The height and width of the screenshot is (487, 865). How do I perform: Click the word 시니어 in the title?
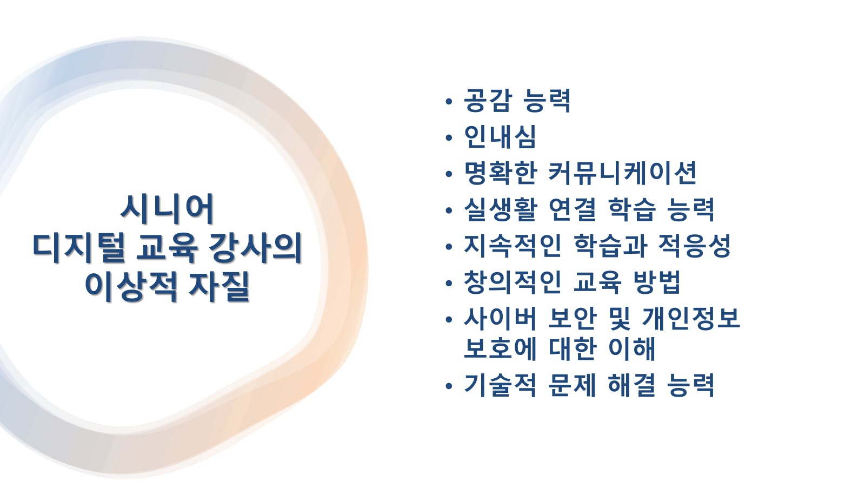click(167, 209)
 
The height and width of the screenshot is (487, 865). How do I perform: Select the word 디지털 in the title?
click(79, 248)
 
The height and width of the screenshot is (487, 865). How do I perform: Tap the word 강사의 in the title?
click(255, 248)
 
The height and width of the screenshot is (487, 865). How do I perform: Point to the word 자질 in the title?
click(218, 286)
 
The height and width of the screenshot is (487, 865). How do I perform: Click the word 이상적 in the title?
click(131, 286)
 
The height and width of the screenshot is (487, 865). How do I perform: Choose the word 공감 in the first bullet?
click(488, 101)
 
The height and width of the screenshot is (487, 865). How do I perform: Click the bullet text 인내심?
click(500, 136)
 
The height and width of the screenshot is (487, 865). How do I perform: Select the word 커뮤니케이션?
click(622, 173)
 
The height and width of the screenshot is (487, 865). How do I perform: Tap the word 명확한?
click(501, 173)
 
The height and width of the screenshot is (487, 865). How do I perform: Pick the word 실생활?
click(501, 209)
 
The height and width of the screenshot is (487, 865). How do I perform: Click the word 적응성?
click(694, 246)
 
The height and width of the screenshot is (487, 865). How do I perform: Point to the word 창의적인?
click(513, 282)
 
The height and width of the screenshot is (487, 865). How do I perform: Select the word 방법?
click(657, 282)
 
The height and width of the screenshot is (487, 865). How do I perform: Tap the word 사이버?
click(501, 318)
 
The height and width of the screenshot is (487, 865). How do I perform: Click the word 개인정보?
click(691, 318)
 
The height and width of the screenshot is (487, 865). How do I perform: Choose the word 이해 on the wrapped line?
click(632, 348)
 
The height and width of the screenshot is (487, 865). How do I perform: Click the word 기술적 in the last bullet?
click(501, 385)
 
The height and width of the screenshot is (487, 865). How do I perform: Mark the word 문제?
click(573, 385)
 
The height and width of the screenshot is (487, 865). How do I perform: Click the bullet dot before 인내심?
click(448, 137)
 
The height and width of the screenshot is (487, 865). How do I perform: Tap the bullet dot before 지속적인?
click(448, 247)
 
